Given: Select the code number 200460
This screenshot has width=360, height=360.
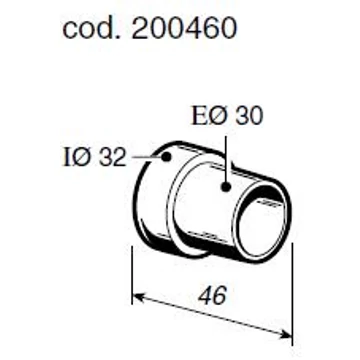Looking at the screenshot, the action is coord(184,28).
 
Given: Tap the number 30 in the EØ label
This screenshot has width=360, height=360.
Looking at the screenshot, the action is coord(249,116).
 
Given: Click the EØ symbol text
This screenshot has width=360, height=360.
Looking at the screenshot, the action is coord(212,116).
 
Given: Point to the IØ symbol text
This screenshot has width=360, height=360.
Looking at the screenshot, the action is coord(78,157).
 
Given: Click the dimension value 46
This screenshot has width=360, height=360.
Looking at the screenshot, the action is coord(212,295).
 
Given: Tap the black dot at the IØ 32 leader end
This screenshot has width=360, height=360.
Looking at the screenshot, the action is coord(166,156).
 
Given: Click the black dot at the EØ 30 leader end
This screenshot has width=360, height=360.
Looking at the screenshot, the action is coord(226,187).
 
